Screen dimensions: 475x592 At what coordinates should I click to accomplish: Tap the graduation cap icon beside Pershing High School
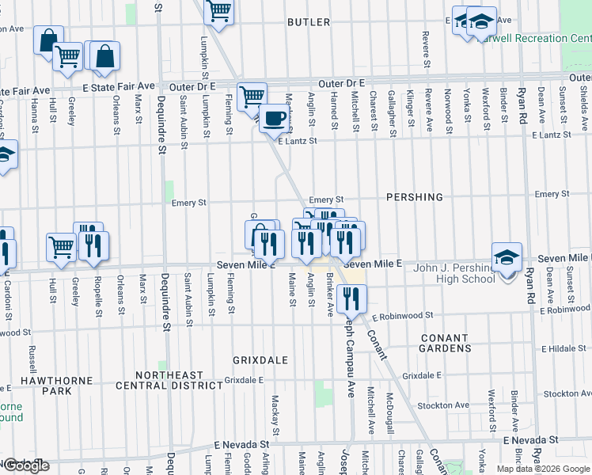click(507, 257)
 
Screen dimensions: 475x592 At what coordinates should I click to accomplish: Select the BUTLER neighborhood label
click(309, 22)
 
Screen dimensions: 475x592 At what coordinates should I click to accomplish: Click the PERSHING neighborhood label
click(415, 196)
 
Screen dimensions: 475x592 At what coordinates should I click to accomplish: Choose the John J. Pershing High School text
click(454, 273)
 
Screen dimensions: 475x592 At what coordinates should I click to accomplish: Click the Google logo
click(26, 465)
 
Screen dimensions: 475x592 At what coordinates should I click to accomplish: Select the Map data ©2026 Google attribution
click(542, 469)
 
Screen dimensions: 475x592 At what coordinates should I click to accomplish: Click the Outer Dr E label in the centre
click(341, 83)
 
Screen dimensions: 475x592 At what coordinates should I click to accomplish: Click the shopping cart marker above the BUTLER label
click(218, 12)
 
